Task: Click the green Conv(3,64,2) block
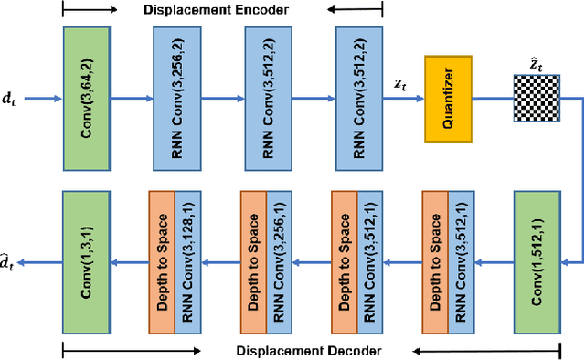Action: pos(90,98)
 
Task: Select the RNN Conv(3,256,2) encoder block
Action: pos(181,98)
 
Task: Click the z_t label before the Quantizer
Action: pos(400,83)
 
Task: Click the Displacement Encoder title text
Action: pos(216,10)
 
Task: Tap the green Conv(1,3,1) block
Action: pos(90,263)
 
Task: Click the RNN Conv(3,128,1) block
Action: pos(187,263)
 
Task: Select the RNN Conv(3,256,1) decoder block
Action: pos(279,263)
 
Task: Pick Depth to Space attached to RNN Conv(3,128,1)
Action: pos(161,263)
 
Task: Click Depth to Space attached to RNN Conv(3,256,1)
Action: pos(252,263)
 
